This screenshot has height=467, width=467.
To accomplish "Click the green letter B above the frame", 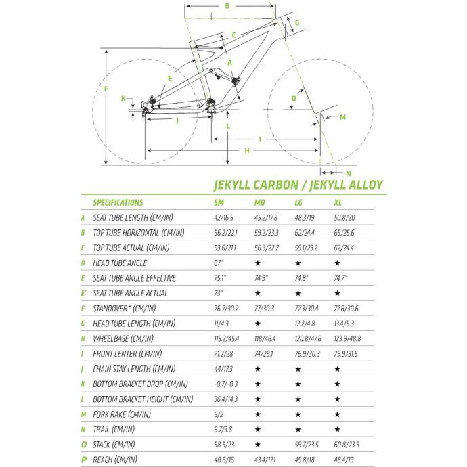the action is pyautogui.click(x=227, y=6).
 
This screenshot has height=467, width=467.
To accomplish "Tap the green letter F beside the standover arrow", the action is pyautogui.click(x=106, y=89).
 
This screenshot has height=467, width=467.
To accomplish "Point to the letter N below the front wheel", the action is pyautogui.click(x=349, y=173).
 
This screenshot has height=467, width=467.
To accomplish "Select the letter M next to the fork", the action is pyautogui.click(x=342, y=117).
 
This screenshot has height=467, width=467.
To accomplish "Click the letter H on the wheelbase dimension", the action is pyautogui.click(x=247, y=150).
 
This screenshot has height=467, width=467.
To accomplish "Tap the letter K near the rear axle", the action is pyautogui.click(x=123, y=98).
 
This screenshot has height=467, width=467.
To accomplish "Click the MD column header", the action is pyautogui.click(x=259, y=203).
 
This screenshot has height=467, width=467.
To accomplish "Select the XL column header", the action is pyautogui.click(x=338, y=203).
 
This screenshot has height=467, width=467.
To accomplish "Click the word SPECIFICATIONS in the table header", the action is pyautogui.click(x=118, y=203).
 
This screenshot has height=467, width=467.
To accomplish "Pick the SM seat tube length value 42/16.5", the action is pyautogui.click(x=223, y=218).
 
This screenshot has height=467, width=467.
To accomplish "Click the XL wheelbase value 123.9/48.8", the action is pyautogui.click(x=347, y=338).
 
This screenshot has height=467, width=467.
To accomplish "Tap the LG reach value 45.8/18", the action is pyautogui.click(x=305, y=460).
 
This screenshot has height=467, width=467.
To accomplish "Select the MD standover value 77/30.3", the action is pyautogui.click(x=264, y=309).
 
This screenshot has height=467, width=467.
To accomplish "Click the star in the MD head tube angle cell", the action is pyautogui.click(x=258, y=263).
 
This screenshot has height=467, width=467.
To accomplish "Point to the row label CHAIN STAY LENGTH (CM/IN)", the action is pyautogui.click(x=134, y=369).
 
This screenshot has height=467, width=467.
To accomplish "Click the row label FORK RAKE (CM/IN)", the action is pyautogui.click(x=122, y=414).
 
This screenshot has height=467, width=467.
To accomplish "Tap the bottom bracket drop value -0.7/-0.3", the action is pyautogui.click(x=226, y=384).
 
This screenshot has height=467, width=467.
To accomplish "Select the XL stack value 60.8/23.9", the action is pyautogui.click(x=347, y=445).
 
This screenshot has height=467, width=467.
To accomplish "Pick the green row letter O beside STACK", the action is pyautogui.click(x=84, y=445).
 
